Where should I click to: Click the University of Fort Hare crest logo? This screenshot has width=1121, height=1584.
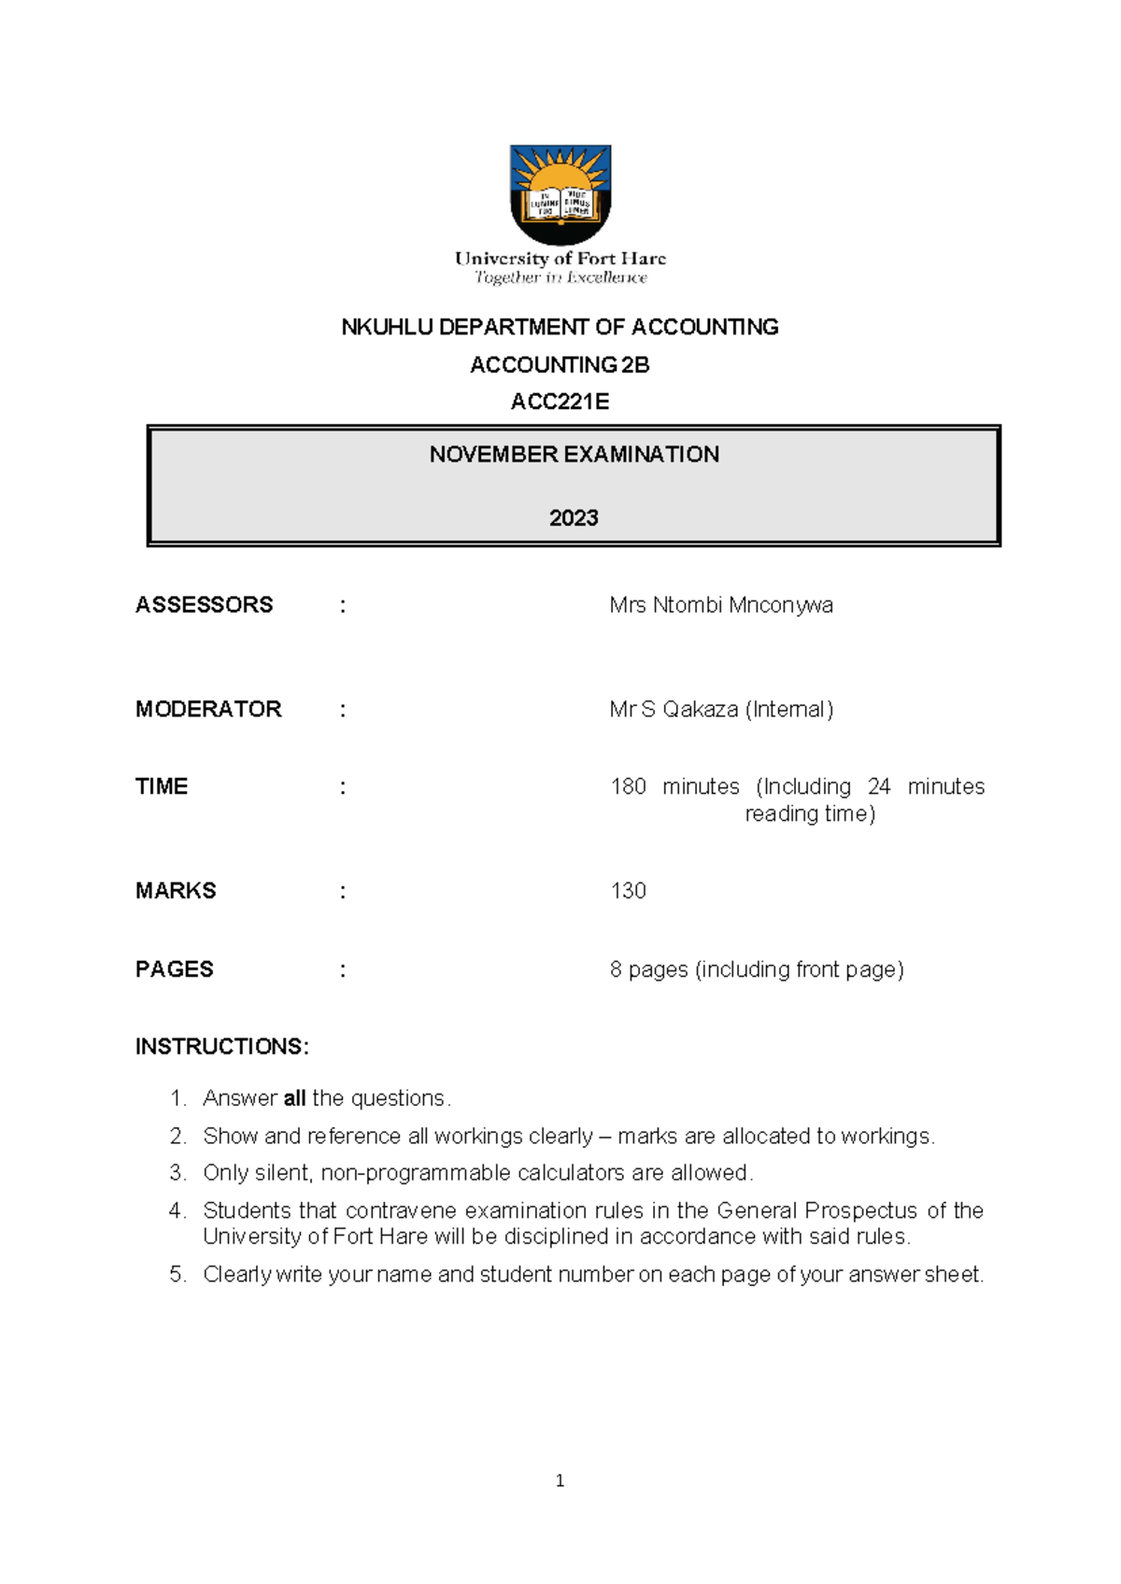click(x=560, y=193)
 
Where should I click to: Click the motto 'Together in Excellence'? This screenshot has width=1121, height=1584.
click(x=560, y=277)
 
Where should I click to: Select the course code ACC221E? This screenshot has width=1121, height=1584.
click(x=560, y=402)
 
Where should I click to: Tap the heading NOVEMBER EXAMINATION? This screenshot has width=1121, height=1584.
click(x=574, y=455)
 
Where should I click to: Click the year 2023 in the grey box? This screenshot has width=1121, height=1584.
click(x=574, y=518)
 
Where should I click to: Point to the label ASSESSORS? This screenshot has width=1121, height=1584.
click(x=204, y=605)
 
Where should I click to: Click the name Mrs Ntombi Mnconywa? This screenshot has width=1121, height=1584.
click(x=720, y=605)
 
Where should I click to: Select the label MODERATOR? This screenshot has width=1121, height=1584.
click(x=208, y=709)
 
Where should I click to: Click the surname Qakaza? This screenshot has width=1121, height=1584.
click(x=700, y=709)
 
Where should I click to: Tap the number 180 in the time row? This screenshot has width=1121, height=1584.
click(x=628, y=786)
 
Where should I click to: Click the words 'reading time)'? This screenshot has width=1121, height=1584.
click(x=810, y=813)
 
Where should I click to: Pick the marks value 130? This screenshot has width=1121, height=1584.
click(x=628, y=891)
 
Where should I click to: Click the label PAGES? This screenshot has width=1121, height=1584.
click(x=175, y=969)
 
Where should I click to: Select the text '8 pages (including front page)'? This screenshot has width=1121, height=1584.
click(x=757, y=969)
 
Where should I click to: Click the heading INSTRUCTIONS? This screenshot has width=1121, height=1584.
click(x=221, y=1046)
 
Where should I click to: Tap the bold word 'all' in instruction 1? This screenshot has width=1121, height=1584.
click(x=294, y=1098)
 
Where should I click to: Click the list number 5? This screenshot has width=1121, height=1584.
click(x=177, y=1275)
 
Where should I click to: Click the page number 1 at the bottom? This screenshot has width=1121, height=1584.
click(x=560, y=1480)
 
